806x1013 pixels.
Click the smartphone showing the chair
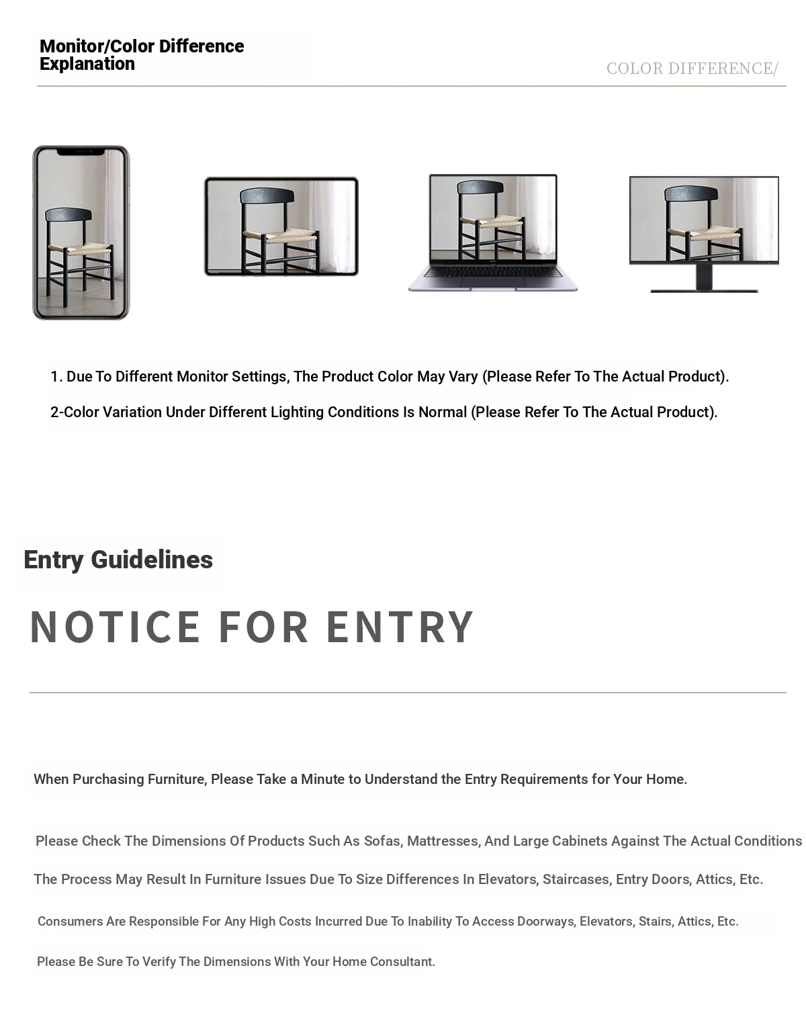tap(81, 232)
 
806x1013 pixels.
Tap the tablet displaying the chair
tap(281, 226)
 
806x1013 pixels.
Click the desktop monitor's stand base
tap(704, 290)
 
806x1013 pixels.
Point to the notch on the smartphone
tap(81, 152)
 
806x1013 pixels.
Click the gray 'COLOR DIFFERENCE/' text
tap(692, 69)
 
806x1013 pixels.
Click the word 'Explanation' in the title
tap(87, 64)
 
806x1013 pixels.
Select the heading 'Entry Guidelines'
tap(118, 560)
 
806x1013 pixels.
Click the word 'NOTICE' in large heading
tap(115, 627)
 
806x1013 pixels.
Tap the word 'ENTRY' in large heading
tap(400, 627)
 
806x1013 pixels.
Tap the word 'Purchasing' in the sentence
tap(108, 779)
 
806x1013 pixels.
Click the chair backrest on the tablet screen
tap(267, 196)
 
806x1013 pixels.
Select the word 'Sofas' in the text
tap(381, 841)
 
